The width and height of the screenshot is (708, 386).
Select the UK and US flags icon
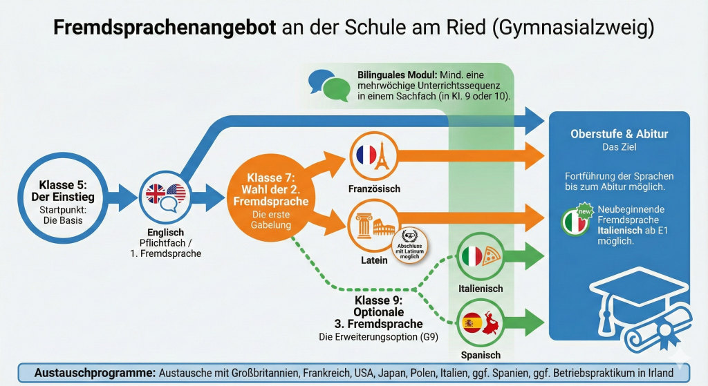click(166, 197)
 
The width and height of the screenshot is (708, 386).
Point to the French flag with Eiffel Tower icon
click(374, 156)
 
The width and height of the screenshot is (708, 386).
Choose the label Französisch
click(374, 189)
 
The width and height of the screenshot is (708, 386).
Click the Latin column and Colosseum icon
click(374, 226)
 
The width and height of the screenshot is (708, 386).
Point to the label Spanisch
click(481, 355)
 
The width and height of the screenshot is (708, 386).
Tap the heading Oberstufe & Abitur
click(619, 134)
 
